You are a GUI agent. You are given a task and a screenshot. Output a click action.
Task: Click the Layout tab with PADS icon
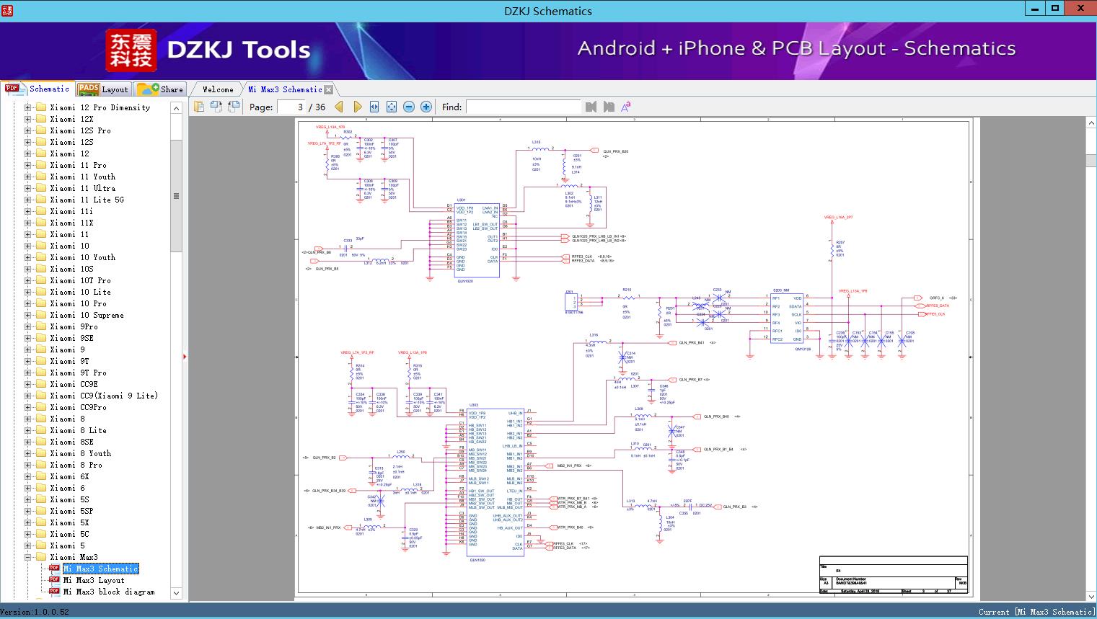pyautogui.click(x=103, y=89)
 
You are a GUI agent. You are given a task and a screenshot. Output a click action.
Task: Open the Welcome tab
pyautogui.click(x=218, y=89)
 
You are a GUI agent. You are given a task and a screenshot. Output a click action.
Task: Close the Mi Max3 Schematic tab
pyautogui.click(x=329, y=90)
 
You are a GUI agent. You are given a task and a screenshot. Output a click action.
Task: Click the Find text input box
pyautogui.click(x=523, y=107)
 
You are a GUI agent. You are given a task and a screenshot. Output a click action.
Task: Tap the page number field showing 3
pyautogui.click(x=292, y=107)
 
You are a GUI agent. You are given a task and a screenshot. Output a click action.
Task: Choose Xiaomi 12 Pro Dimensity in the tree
pyautogui.click(x=100, y=107)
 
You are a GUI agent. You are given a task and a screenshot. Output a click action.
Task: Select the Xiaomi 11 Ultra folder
pyautogui.click(x=82, y=188)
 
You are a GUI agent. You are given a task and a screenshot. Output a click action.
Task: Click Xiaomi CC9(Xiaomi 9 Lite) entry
pyautogui.click(x=103, y=396)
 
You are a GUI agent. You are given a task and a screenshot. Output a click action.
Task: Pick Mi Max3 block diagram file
pyautogui.click(x=108, y=592)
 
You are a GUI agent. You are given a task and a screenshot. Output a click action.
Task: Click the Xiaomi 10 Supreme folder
pyautogui.click(x=87, y=315)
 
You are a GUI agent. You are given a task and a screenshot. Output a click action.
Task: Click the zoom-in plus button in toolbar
pyautogui.click(x=426, y=107)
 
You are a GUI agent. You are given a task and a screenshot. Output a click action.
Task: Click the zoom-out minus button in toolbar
pyautogui.click(x=409, y=107)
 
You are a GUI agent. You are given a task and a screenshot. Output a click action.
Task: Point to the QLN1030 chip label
pyautogui.click(x=477, y=560)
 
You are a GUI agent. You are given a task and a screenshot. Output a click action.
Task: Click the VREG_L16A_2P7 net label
pyautogui.click(x=839, y=217)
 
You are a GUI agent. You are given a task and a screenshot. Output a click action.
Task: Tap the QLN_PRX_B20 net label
pyautogui.click(x=615, y=151)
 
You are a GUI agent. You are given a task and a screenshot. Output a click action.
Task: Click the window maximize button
pyautogui.click(x=1055, y=9)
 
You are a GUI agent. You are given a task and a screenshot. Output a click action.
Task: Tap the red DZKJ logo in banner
pyautogui.click(x=132, y=50)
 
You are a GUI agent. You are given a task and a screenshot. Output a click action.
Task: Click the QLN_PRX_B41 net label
pyautogui.click(x=691, y=343)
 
